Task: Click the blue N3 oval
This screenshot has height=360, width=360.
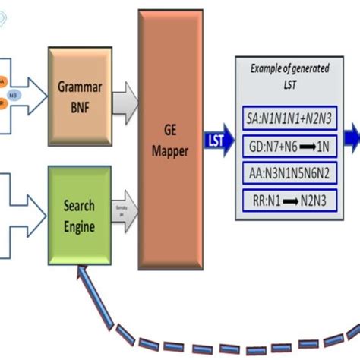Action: [13, 96]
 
